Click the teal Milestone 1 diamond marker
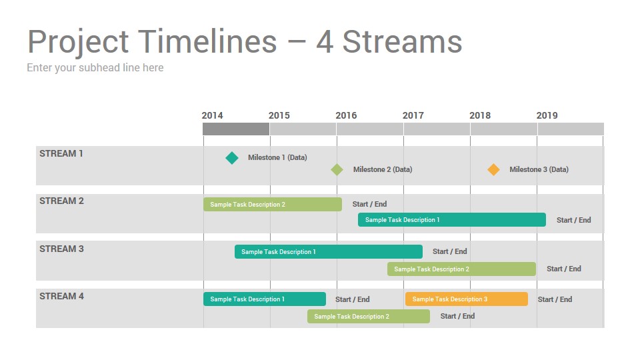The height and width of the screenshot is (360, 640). click(232, 158)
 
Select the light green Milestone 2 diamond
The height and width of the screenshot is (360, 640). click(337, 169)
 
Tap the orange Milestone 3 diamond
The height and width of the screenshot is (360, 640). click(493, 169)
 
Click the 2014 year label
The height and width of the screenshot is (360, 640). click(212, 115)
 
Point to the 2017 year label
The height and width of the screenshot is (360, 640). click(413, 115)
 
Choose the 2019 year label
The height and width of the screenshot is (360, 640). click(547, 115)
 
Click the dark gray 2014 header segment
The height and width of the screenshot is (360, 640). click(236, 129)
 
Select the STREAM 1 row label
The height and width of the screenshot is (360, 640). click(61, 153)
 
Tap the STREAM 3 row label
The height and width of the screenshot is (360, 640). click(61, 249)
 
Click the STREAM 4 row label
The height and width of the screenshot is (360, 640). click(61, 296)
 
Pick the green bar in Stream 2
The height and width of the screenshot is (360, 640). click(273, 205)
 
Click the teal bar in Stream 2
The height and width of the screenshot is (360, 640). click(452, 219)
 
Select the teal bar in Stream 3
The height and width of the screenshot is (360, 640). click(329, 252)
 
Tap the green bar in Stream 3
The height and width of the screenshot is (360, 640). click(461, 269)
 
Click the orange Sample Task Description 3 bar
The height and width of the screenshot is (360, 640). click(467, 299)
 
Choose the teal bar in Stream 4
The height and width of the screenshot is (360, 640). click(265, 299)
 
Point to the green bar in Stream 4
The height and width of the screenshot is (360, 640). click(369, 316)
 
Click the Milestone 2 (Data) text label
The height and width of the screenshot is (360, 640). click(383, 169)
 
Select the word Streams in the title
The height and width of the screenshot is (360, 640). click(403, 41)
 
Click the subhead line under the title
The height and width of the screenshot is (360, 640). click(95, 68)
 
